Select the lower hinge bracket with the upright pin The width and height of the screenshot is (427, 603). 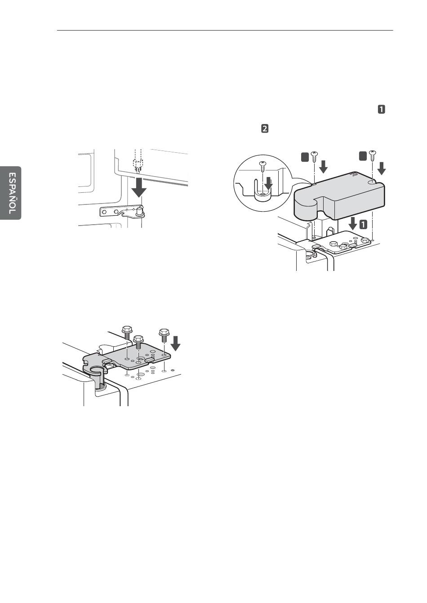(123, 212)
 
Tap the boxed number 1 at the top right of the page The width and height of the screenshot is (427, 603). (381, 109)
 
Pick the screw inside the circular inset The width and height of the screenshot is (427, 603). (263, 166)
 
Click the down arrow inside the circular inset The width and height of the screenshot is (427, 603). (269, 183)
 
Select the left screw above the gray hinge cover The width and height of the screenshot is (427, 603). (315, 158)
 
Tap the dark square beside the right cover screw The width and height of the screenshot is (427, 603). (363, 155)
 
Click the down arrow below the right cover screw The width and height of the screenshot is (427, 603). (382, 169)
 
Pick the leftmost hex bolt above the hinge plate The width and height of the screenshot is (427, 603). (127, 333)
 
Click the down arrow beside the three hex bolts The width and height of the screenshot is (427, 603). (176, 344)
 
